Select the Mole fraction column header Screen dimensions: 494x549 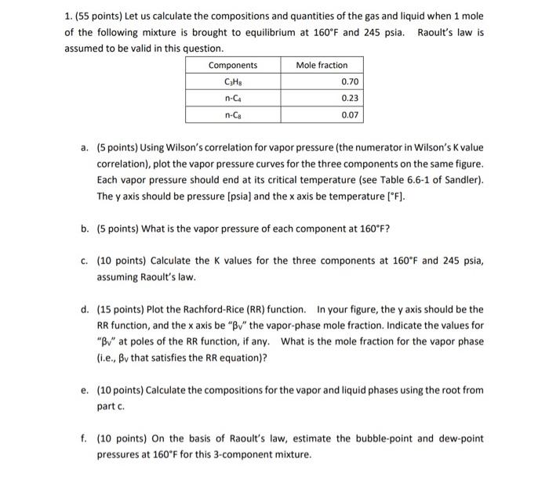[x=321, y=65]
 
